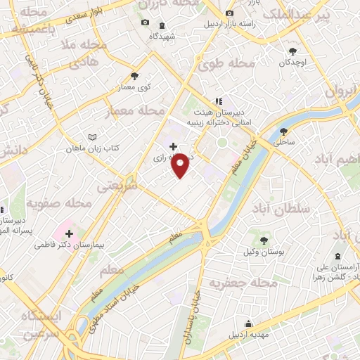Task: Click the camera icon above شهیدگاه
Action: coord(146,22)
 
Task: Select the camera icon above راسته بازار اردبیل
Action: coord(229,13)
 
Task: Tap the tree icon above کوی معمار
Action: coord(135,76)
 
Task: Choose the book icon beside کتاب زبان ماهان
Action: coord(91,137)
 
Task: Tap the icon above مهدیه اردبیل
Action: coord(249,324)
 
